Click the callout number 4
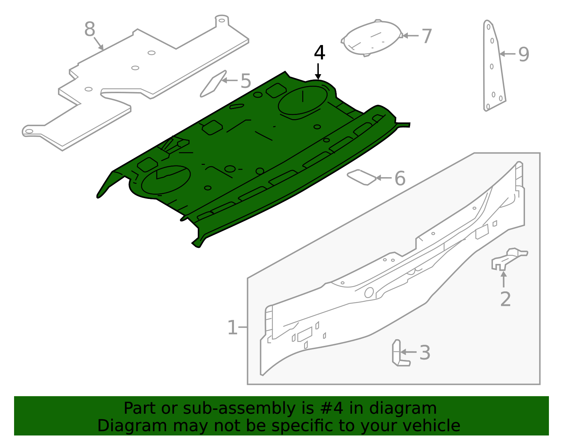[x=319, y=53]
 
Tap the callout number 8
[x=90, y=30]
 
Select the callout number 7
[x=426, y=36]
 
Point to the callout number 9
[x=524, y=54]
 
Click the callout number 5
[x=246, y=81]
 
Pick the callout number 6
[x=400, y=179]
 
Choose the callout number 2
[x=505, y=299]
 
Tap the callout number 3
[x=425, y=353]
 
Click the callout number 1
[x=232, y=328]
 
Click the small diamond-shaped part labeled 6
[x=361, y=177]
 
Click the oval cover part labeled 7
[x=372, y=38]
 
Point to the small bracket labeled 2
[x=508, y=259]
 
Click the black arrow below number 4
[x=318, y=71]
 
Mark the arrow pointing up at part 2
[x=504, y=280]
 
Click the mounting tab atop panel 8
[x=222, y=20]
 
